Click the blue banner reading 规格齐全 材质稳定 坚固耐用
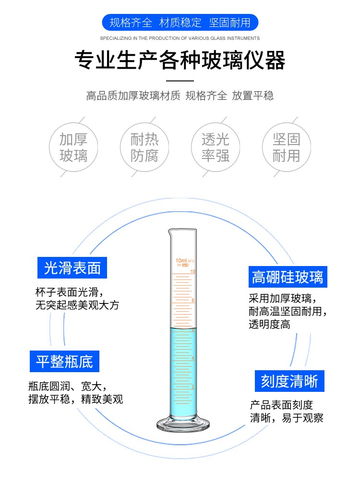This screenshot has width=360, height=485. (180, 23)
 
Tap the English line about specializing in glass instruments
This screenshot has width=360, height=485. (180, 38)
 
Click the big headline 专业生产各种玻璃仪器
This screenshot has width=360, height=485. (180, 60)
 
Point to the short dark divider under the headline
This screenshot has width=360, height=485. (180, 81)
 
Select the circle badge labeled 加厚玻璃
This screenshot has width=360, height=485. (73, 147)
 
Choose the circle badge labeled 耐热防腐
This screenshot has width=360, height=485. (144, 147)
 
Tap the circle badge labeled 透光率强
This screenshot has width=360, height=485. (216, 147)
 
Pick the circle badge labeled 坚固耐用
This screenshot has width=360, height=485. (287, 147)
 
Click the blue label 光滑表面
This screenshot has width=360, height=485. (72, 268)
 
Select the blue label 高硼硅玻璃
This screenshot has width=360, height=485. (288, 277)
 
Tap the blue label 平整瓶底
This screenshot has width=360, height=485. (64, 361)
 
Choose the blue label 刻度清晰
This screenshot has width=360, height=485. (289, 381)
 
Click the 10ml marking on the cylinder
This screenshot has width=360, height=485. (181, 261)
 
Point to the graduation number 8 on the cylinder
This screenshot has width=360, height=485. (192, 300)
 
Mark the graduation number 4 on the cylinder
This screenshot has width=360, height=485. (192, 358)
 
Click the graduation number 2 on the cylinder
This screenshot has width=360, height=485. (192, 387)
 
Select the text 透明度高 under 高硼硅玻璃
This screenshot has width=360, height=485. (269, 325)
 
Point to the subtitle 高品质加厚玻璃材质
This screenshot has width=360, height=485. (133, 96)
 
